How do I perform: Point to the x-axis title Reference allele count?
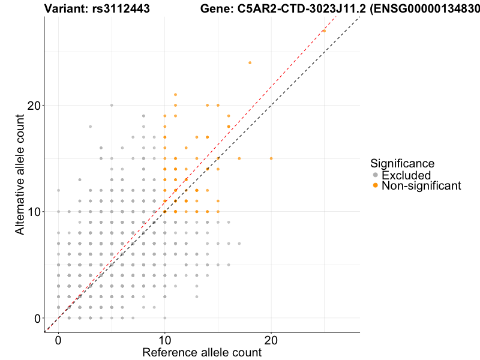[202, 352]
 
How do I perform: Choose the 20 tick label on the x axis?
[271, 340]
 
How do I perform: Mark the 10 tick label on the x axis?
[164, 340]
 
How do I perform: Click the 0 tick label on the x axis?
[58, 340]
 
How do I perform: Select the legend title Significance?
[402, 163]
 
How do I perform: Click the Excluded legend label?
[406, 175]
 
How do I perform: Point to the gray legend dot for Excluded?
[376, 175]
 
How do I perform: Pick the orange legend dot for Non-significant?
[376, 186]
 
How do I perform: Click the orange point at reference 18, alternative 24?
[250, 62]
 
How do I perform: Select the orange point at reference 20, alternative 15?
[271, 158]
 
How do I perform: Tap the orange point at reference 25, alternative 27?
[324, 31]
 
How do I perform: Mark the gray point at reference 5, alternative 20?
[112, 105]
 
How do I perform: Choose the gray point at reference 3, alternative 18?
[90, 127]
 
